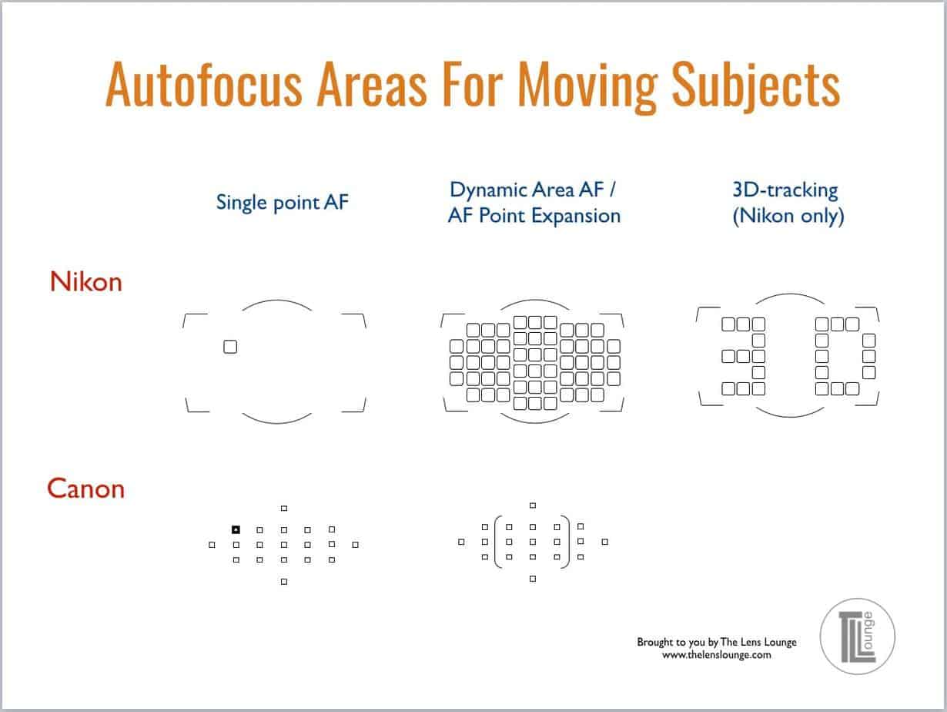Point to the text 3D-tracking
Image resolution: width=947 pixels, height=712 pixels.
click(785, 189)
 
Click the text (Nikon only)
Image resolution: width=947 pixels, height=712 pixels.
click(788, 217)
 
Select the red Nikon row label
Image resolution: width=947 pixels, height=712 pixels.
click(86, 282)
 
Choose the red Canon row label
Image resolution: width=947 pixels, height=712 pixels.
click(85, 489)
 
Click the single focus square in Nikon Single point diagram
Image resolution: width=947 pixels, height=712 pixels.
click(230, 347)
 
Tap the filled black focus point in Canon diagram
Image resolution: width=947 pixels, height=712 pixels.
click(236, 529)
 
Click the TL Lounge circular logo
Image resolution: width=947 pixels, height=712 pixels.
click(858, 636)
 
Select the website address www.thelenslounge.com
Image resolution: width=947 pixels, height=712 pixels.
click(716, 655)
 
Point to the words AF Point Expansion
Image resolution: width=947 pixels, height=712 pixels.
click(534, 216)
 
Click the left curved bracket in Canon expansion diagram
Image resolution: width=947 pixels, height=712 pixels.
click(497, 542)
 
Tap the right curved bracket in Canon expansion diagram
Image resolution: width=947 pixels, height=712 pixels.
click(567, 542)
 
